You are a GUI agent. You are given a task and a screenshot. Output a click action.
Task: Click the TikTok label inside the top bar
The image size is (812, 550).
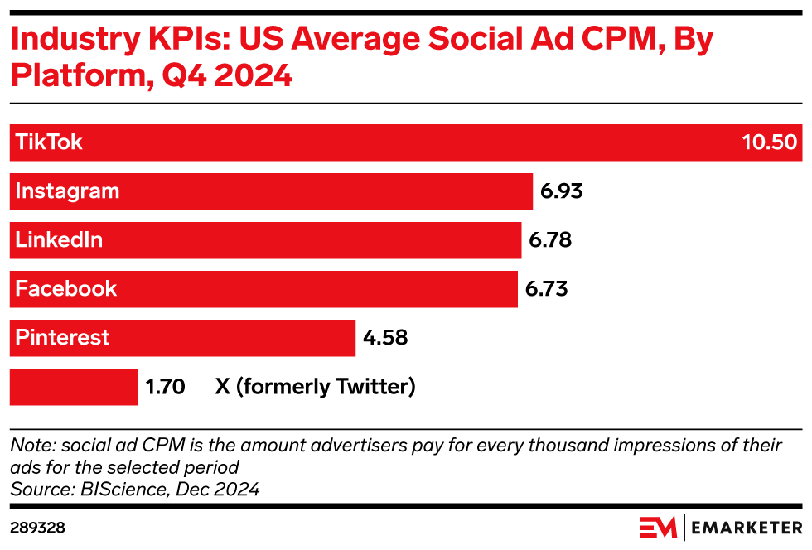49,142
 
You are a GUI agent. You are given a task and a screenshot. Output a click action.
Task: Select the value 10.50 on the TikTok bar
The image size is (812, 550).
769,142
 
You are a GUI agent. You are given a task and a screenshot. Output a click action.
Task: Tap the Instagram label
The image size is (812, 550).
67,191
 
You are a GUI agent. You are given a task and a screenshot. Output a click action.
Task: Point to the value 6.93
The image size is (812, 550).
562,191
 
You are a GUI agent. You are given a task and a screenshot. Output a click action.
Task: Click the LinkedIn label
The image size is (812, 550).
59,240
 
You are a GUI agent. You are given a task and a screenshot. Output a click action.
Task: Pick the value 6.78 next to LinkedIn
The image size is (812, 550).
550,240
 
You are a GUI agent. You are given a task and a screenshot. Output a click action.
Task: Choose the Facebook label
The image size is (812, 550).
66,289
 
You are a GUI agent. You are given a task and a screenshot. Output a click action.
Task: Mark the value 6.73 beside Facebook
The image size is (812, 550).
547,289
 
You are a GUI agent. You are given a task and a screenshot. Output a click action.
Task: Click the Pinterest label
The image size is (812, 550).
62,338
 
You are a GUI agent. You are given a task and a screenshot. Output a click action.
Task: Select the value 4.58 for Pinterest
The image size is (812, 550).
385,338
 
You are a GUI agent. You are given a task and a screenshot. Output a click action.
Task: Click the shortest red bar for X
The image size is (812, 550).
74,387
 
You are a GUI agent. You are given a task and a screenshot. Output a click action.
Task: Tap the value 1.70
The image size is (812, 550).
165,387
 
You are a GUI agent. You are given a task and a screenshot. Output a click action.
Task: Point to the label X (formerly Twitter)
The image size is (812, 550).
315,387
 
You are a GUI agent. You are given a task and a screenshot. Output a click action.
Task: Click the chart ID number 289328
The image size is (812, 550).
37,528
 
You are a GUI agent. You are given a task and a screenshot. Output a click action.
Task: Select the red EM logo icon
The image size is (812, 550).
658,528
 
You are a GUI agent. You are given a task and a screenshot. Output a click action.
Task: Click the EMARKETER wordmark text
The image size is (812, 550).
747,528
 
